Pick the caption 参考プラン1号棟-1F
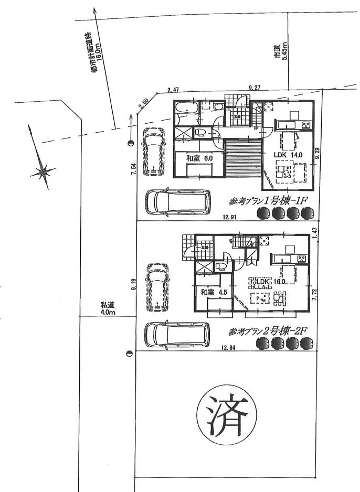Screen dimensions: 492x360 click(x=268, y=201)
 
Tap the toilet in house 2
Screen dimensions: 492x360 click(x=221, y=266)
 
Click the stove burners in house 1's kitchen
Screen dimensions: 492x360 click(x=304, y=124)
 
